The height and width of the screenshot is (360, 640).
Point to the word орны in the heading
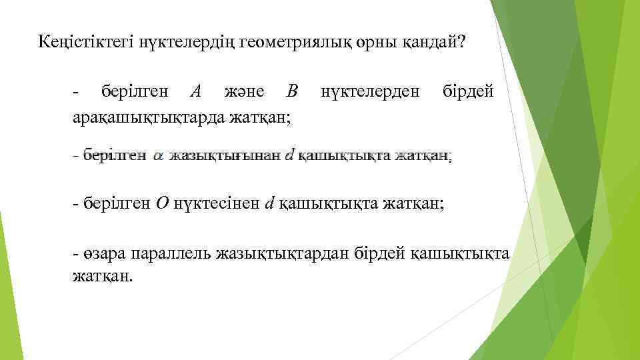click(375, 43)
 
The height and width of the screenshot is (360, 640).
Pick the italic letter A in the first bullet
click(195, 91)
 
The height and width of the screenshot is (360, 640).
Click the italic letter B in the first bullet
click(291, 91)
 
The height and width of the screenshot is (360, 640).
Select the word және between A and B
click(244, 91)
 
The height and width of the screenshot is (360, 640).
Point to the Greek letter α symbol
click(158, 157)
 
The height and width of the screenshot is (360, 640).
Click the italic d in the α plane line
click(289, 157)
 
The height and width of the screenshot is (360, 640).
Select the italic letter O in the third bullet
click(163, 203)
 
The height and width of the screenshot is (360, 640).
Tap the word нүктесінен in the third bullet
click(217, 203)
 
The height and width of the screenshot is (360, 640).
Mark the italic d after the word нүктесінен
click(269, 203)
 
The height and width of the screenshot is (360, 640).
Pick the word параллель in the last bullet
click(171, 253)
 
